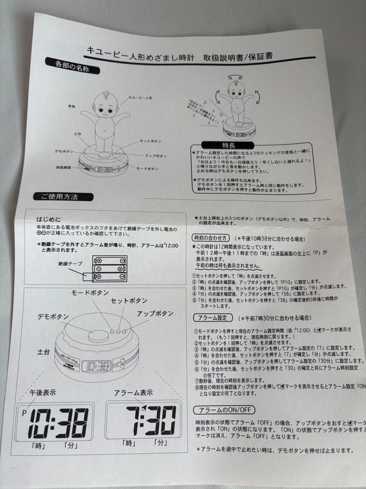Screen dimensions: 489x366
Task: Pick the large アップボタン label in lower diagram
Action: coord(155,313)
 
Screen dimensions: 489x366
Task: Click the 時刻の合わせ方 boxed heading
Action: coord(211,237)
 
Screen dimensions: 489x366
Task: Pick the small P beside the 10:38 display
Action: coord(24,412)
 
